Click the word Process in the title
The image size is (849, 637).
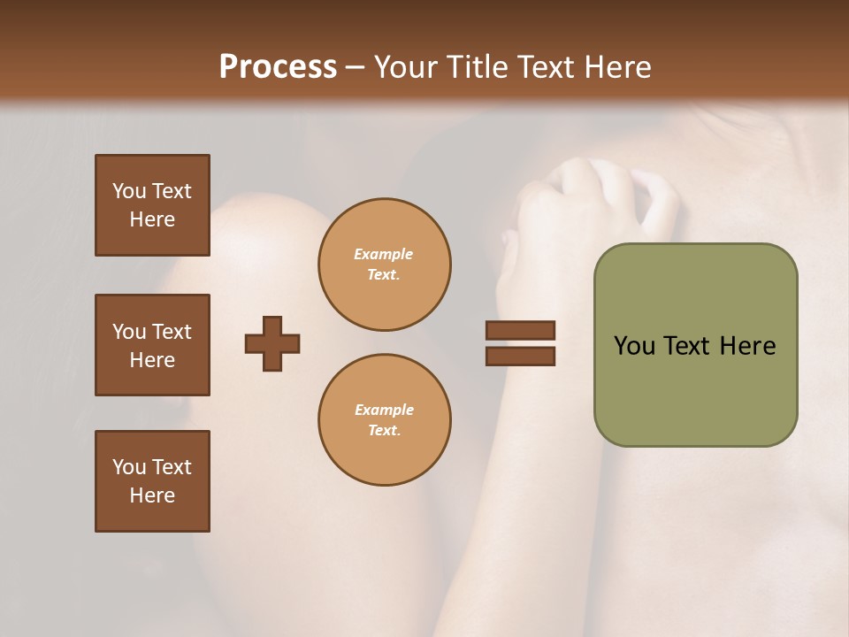tap(278, 67)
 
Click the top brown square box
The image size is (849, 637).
tap(152, 205)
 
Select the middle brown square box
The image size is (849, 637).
tap(152, 345)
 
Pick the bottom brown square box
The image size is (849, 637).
tap(152, 481)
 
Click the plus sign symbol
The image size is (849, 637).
tap(272, 343)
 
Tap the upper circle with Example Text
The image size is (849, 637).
tap(384, 264)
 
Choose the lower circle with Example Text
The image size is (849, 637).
tap(384, 419)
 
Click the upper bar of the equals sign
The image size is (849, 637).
tap(520, 330)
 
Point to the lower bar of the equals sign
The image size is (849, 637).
tap(520, 356)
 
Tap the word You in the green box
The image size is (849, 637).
tap(634, 346)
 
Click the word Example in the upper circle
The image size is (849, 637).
tap(384, 254)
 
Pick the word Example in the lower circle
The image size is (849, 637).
tap(384, 410)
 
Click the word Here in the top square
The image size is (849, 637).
tap(152, 219)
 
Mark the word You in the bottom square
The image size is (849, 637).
tap(129, 467)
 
